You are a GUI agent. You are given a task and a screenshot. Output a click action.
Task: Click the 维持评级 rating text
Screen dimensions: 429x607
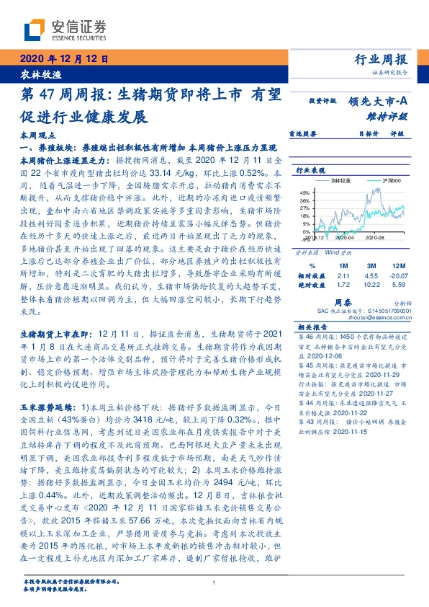392,115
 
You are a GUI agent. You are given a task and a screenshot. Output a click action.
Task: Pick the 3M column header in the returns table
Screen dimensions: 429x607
351,265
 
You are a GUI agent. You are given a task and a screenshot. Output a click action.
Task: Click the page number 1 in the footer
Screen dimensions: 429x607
214,582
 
